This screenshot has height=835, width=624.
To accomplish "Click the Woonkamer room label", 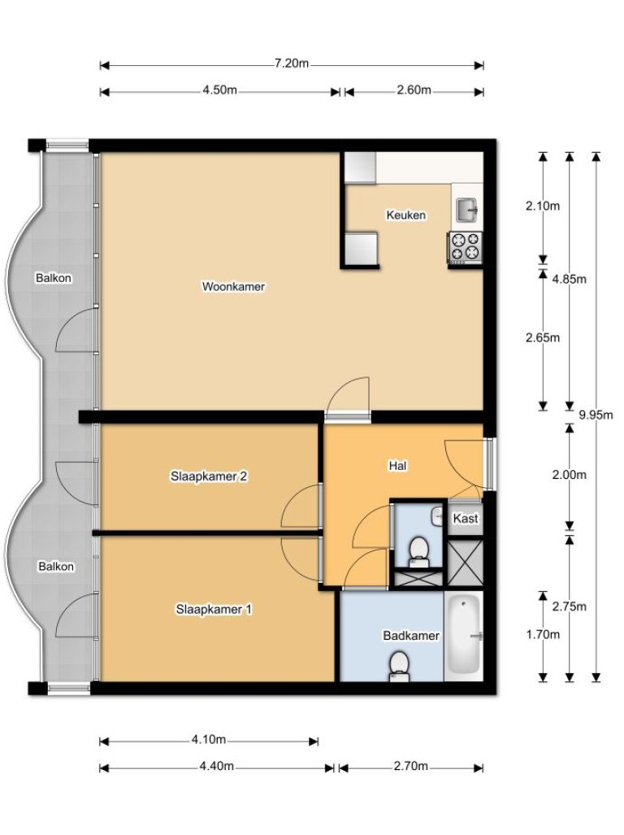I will pos(234,287).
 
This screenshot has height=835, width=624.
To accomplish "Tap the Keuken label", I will pos(405,215).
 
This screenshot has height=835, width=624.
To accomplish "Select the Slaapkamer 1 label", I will pos(214,608).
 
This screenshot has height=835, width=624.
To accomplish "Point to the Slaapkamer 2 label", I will pos(209,476).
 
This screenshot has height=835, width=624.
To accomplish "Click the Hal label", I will pos(397,467).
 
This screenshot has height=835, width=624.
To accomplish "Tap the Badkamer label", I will pos(411,636).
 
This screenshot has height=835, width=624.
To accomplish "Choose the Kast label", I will pos(465,519).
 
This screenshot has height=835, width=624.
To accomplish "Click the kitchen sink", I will pos(466,211).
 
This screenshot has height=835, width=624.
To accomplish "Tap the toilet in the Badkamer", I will pos(399,668).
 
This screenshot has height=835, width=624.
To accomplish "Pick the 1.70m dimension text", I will pos(543,635).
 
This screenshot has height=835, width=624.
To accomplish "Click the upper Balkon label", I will pos(54,279).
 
